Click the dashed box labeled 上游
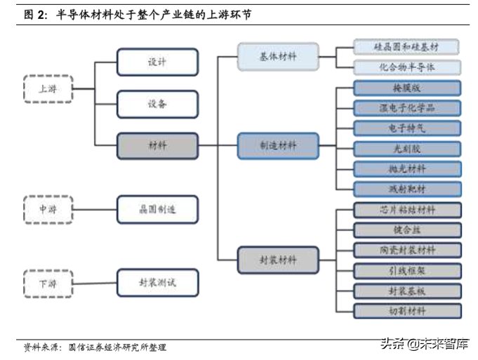(48, 89)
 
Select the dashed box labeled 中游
(48, 209)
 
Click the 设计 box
(157, 62)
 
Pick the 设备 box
(157, 104)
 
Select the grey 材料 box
(157, 145)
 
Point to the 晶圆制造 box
(157, 209)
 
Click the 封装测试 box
(157, 283)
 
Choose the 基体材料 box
(278, 56)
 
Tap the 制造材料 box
(278, 145)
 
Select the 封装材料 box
(278, 260)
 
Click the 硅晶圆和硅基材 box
(407, 47)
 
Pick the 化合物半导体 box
(407, 67)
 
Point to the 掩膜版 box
(407, 88)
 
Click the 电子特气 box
(407, 128)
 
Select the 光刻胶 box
(407, 149)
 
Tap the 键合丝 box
(407, 230)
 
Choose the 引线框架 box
(407, 271)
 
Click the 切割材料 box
(407, 311)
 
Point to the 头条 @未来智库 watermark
(424, 345)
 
